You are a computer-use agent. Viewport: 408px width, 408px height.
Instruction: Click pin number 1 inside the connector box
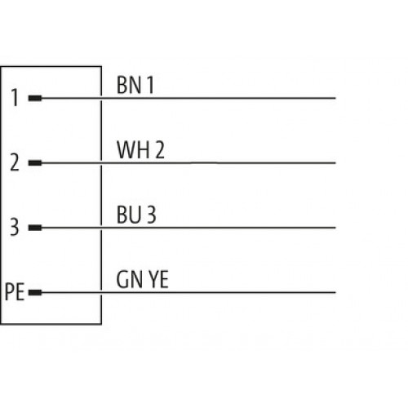15,98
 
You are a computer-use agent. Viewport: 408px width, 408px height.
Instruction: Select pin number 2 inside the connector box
15,162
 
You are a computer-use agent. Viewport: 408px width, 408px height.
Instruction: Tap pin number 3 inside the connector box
15,227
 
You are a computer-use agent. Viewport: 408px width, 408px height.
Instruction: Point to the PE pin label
15,292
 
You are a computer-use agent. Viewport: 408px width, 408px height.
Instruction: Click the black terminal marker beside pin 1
35,98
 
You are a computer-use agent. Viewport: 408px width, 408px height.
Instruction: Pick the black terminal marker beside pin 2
35,163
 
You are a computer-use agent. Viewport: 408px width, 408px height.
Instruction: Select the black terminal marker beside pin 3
35,228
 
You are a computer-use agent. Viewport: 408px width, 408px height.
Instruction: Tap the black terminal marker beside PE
35,292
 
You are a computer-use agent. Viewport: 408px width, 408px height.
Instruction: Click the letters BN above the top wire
128,85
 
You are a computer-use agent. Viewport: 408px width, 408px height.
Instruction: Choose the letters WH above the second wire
133,149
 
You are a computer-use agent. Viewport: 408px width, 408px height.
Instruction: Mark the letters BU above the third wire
129,215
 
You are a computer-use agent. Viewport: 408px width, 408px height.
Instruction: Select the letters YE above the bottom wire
158,279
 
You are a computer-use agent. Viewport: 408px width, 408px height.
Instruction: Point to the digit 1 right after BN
150,85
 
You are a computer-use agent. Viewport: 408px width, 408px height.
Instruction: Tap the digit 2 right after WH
160,149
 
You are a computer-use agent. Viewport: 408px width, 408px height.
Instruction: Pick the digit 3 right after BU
152,215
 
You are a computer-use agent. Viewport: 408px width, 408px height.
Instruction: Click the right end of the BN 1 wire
335,98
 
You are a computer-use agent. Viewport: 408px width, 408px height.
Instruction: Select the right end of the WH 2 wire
335,163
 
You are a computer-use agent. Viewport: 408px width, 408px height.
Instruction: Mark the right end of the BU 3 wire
335,228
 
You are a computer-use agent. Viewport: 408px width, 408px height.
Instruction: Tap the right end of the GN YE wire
335,292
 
